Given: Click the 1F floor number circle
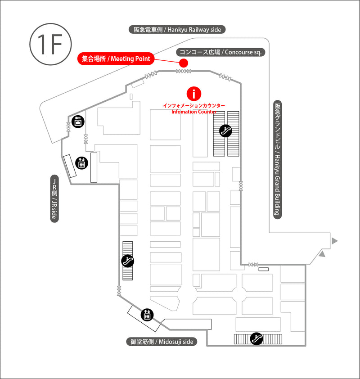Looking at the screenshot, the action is click(51, 44).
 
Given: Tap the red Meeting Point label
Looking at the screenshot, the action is click(116, 59).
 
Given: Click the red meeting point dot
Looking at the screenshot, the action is click(184, 63).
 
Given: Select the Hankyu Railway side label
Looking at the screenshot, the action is click(177, 30).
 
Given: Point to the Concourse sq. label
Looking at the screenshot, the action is click(220, 52).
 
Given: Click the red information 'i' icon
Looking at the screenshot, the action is click(194, 94).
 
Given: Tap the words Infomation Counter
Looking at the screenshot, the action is click(194, 112).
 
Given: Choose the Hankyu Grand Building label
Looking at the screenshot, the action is click(277, 160).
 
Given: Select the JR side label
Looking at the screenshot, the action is click(54, 199).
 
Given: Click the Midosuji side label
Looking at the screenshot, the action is click(162, 342).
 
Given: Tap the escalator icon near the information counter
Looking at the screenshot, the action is click(225, 131).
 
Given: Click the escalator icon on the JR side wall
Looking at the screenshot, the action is click(127, 261).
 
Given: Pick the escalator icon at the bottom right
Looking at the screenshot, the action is click(256, 338).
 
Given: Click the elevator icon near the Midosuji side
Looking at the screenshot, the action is click(147, 315).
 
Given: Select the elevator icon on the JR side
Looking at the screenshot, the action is click(81, 163).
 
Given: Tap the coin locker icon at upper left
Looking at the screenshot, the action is click(78, 122).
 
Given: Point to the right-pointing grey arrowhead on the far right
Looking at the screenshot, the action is click(334, 241).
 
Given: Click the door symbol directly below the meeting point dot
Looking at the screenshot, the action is click(184, 71).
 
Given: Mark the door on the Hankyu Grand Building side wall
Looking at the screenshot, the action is click(241, 185).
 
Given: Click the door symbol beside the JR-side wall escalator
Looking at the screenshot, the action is click(119, 291).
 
